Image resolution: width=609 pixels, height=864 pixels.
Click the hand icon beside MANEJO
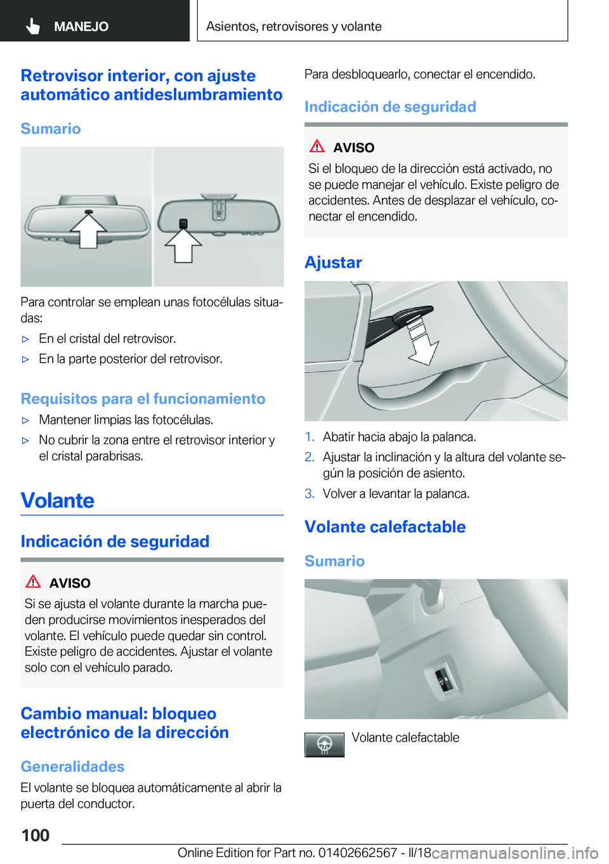pos(33,26)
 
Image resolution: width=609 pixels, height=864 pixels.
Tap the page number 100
pos(36,835)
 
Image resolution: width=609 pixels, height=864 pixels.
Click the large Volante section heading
pos(58,501)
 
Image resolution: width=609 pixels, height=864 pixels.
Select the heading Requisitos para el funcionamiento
pos(143,398)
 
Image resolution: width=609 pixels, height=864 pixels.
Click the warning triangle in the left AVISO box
pos(33,581)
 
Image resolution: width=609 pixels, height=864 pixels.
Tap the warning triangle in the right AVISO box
pos(317,146)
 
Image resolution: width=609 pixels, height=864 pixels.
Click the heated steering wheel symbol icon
pos(324,745)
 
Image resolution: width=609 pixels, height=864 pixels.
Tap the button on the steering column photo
pos(443,681)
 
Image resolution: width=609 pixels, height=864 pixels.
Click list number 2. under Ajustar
pos(310,457)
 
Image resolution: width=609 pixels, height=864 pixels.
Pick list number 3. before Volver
pos(310,494)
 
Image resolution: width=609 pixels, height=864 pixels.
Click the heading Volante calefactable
pos(384,527)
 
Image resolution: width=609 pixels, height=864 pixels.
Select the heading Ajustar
pos(333,262)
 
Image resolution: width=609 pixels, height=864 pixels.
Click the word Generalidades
pos(72,766)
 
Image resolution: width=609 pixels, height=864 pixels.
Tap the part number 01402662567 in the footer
pos(357,853)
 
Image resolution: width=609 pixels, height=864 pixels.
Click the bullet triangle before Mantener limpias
pos(26,420)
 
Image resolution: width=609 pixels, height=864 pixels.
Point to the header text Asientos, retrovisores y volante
pos(294,26)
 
